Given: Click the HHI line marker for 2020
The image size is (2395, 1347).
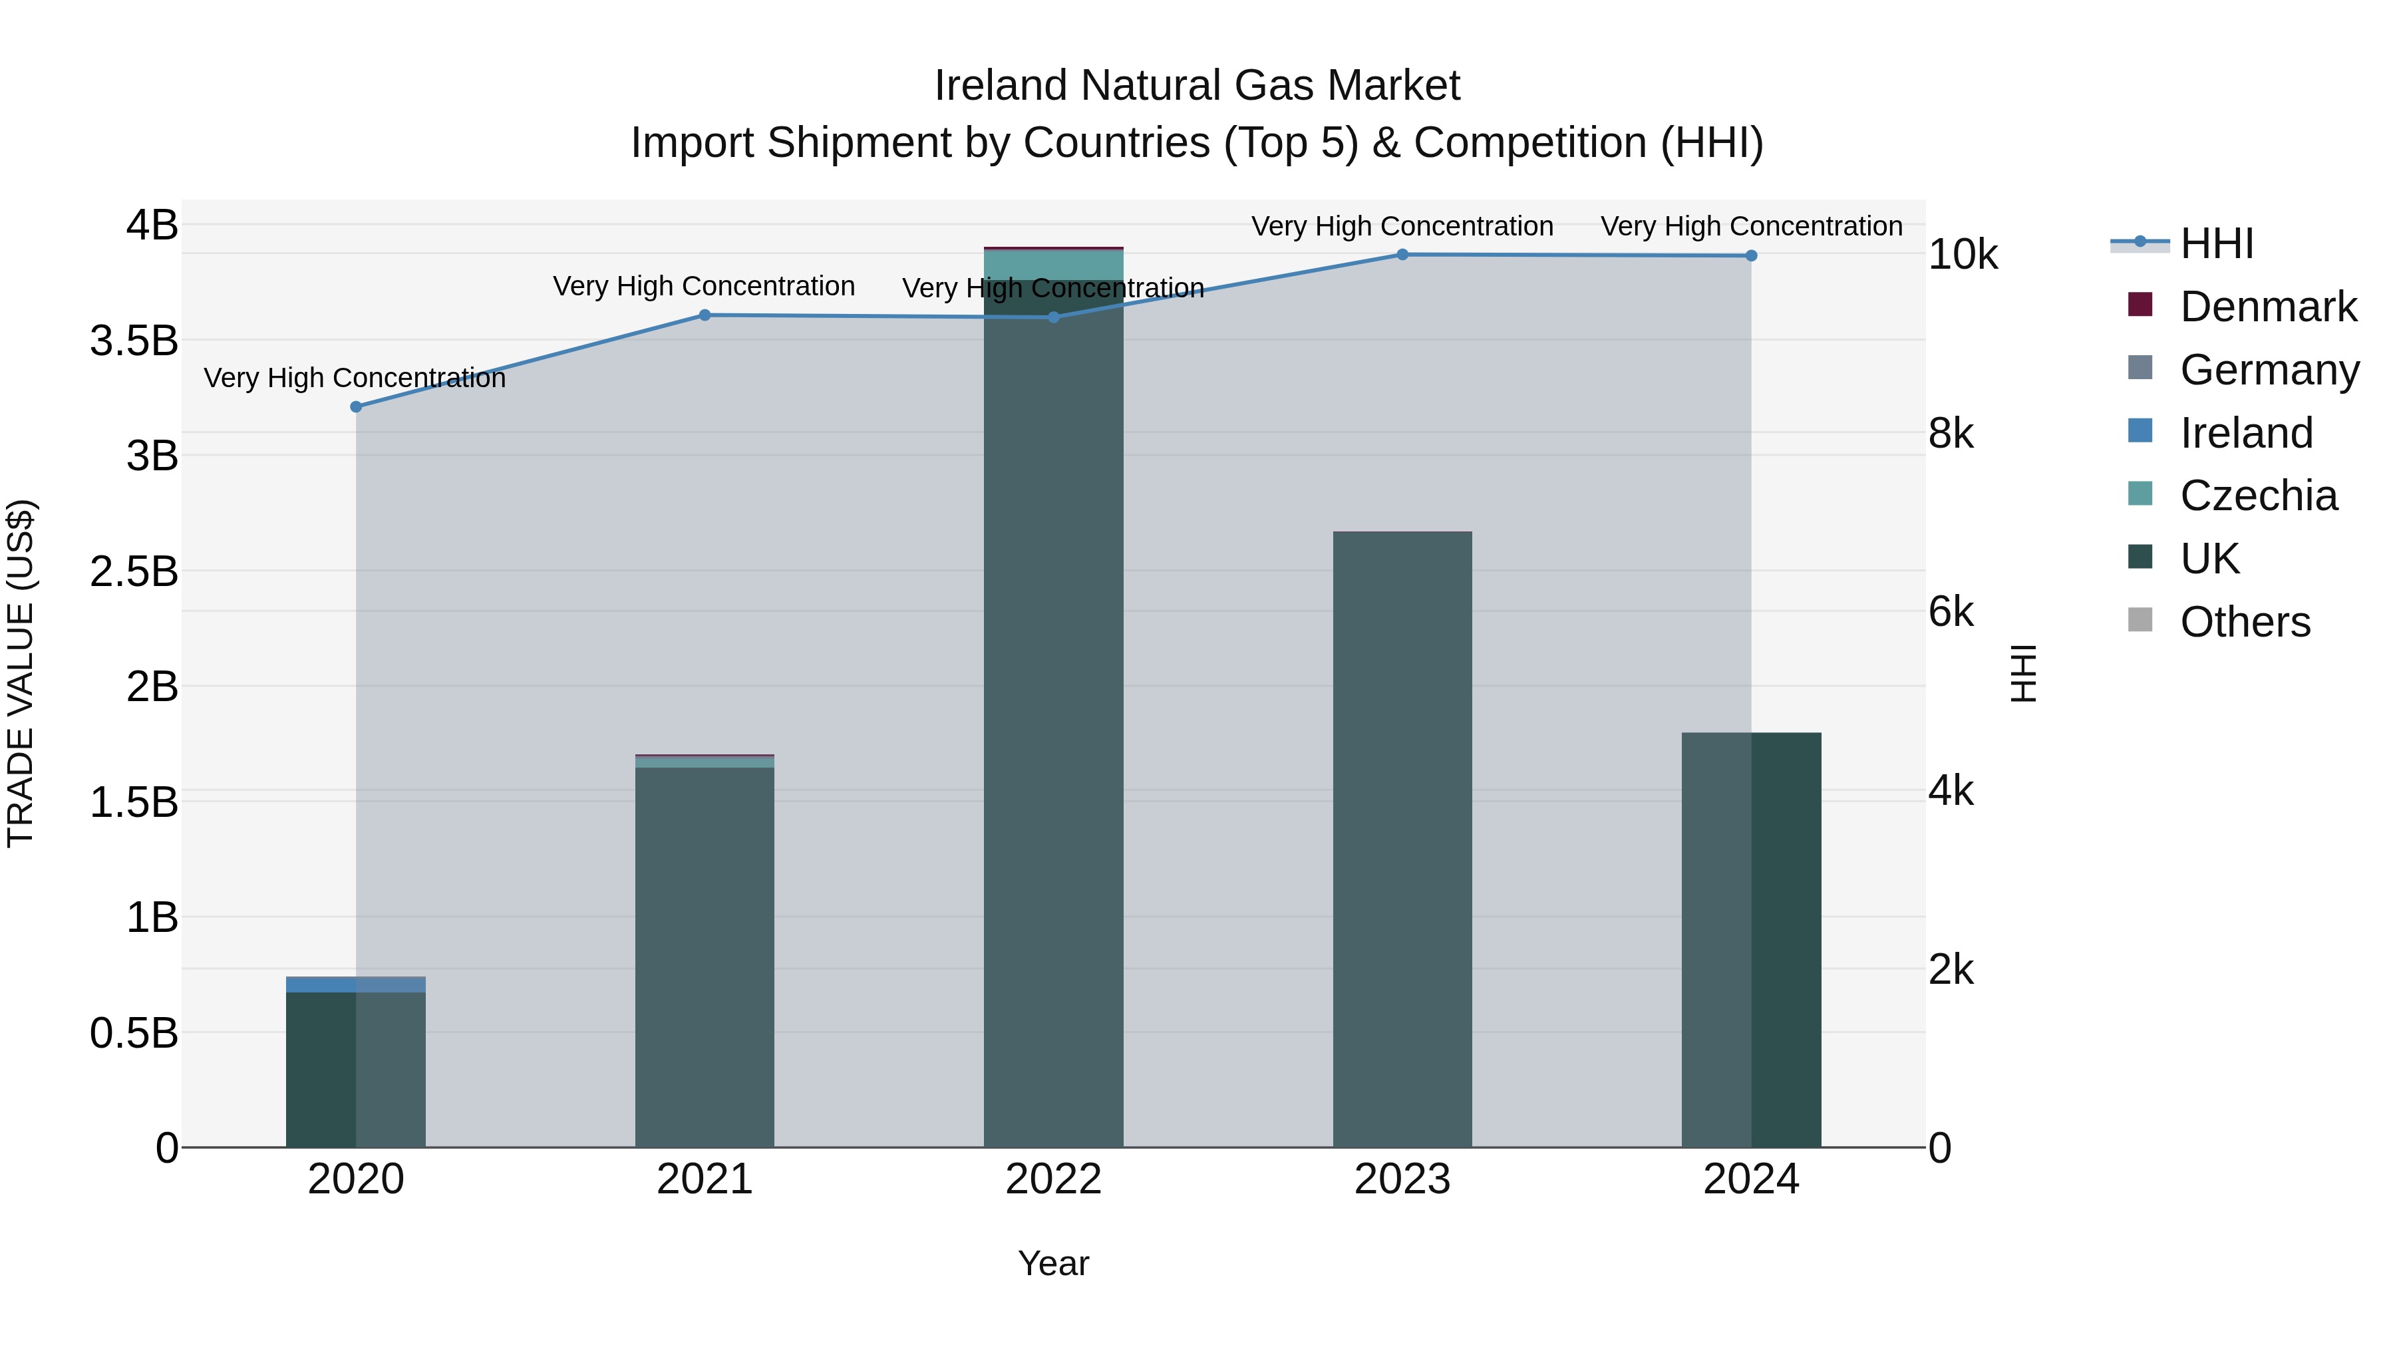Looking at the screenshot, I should tap(356, 406).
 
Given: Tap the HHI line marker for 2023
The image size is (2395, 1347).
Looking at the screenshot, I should tap(1402, 255).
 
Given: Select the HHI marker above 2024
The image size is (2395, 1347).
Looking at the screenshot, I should tap(1751, 255).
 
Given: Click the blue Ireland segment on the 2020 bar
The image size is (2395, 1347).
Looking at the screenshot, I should tap(355, 984).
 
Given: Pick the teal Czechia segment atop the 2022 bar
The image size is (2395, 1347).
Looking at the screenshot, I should tap(1053, 265).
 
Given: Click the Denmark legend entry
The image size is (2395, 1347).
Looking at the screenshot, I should tap(2268, 307).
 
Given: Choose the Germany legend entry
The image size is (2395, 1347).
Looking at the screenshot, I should tap(2269, 370).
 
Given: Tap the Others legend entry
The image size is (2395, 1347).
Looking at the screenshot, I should tap(2245, 622).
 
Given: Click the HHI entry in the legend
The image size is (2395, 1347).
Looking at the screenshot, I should tap(2217, 243).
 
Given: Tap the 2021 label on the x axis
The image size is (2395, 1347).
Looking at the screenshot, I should tap(705, 1179).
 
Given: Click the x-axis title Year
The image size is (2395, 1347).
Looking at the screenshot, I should tap(1053, 1263).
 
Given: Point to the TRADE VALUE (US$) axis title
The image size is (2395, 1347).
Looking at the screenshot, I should tap(21, 673).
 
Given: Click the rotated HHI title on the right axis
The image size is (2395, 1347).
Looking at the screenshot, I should tap(2023, 673).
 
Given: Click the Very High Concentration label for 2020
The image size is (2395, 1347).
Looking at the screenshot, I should tap(355, 378).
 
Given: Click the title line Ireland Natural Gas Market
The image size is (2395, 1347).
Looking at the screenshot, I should tap(1197, 86).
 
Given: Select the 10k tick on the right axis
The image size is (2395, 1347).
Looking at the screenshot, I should tap(1962, 255).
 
